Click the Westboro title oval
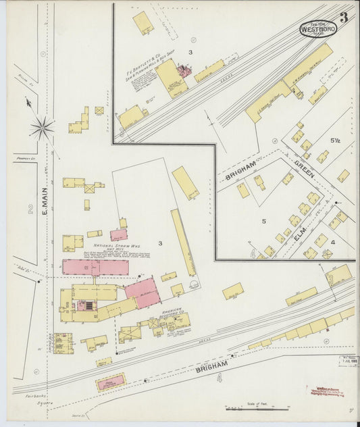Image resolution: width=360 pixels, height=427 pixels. point(317,29)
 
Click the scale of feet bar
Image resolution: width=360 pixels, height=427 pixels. point(257,408)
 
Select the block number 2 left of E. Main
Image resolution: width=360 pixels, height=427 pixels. point(30,210)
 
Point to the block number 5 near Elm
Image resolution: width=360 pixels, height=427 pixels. point(264,220)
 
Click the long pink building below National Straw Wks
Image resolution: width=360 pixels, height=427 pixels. point(95,268)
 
